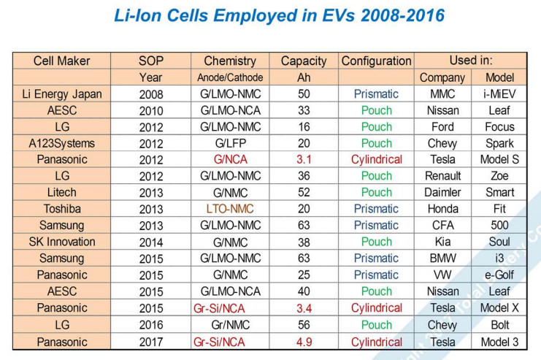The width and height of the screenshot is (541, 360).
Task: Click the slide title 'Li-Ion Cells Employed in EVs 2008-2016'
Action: [x=270, y=16]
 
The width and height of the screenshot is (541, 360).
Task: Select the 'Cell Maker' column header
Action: [x=61, y=61]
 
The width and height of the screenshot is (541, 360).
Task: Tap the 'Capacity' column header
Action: [x=304, y=61]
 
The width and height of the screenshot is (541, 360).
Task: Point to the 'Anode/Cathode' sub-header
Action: [x=229, y=77]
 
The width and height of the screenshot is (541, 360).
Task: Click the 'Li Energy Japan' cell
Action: [x=61, y=94]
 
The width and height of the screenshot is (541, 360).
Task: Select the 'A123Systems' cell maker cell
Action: [x=61, y=143]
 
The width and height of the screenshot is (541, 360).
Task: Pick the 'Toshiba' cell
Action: [x=61, y=209]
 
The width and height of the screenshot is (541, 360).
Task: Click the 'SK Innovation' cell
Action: [x=61, y=242]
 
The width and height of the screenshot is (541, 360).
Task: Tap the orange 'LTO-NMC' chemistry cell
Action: [x=229, y=209]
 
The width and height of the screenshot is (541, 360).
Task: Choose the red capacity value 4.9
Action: [x=304, y=341]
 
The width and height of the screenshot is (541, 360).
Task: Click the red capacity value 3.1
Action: [x=304, y=160]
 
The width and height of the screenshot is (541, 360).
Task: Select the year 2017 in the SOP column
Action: [x=151, y=341]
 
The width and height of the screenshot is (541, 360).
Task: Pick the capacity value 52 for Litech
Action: [x=304, y=193]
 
